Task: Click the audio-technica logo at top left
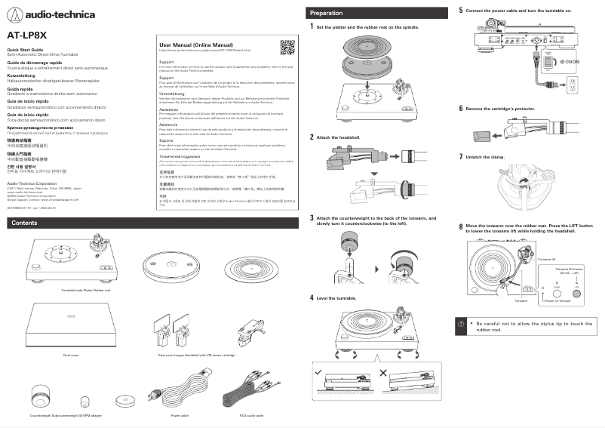coord(41,14)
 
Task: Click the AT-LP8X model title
coord(27,35)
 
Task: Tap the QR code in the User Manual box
coord(287,48)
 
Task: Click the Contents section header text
coord(25,223)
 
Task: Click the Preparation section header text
coord(327,13)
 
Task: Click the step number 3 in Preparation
coord(312,217)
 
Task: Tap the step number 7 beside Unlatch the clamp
coord(461,156)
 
